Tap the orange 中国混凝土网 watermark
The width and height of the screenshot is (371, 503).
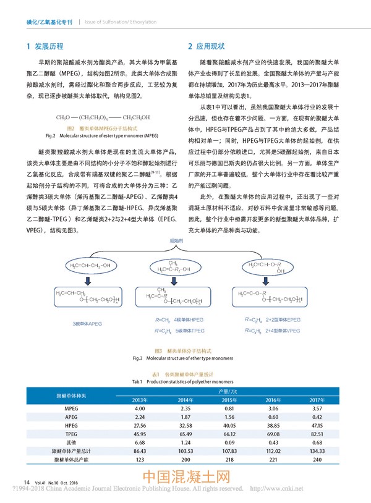click(186, 479)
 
